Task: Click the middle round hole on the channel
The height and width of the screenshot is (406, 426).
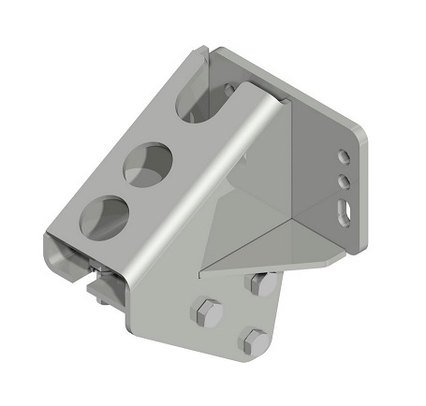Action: coord(148,164)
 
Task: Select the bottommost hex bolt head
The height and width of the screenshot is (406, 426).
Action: coord(256,341)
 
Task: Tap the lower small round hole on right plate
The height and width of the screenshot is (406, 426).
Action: coord(344,181)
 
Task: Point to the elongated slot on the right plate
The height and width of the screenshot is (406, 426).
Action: coord(345,211)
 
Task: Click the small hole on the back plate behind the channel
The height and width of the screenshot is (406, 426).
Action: coord(228,89)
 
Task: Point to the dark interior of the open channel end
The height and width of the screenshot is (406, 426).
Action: coord(75,267)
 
